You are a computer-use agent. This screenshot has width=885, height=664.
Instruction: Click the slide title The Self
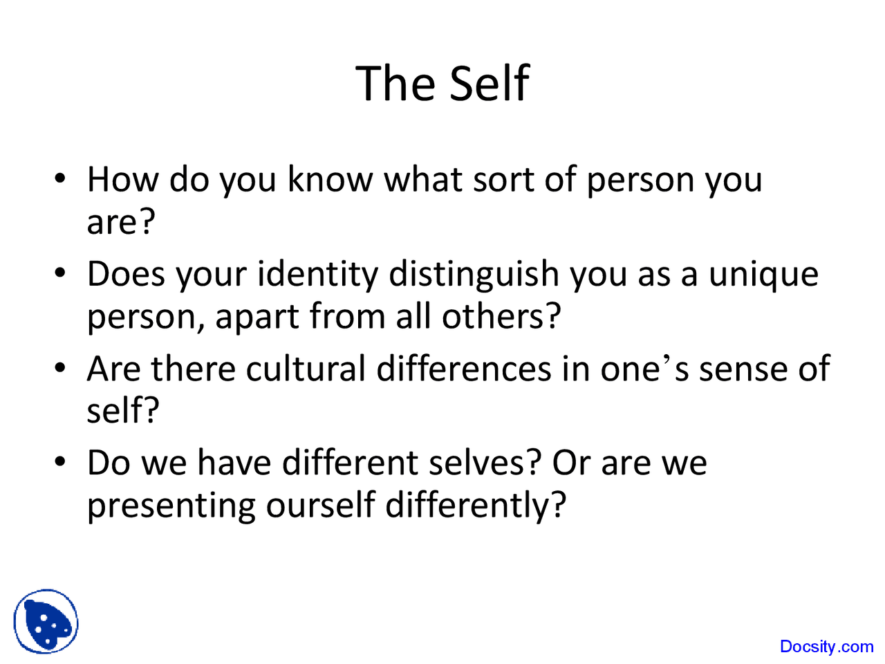point(442,84)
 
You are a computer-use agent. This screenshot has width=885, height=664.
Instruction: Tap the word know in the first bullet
point(330,179)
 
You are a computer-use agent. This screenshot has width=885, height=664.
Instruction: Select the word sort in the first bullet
point(503,179)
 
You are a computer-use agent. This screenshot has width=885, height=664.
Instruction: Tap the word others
point(500,317)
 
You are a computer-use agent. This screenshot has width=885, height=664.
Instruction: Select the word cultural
point(306,368)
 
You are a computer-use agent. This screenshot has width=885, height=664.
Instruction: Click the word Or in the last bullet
point(570,462)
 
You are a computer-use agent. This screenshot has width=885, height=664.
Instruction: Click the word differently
point(475,506)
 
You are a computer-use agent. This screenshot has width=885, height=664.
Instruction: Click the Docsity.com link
point(826,647)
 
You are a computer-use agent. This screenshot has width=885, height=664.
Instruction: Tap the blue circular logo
point(46,622)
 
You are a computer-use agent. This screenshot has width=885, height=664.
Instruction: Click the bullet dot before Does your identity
point(61,273)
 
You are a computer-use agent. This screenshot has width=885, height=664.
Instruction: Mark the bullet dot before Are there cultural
point(61,367)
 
